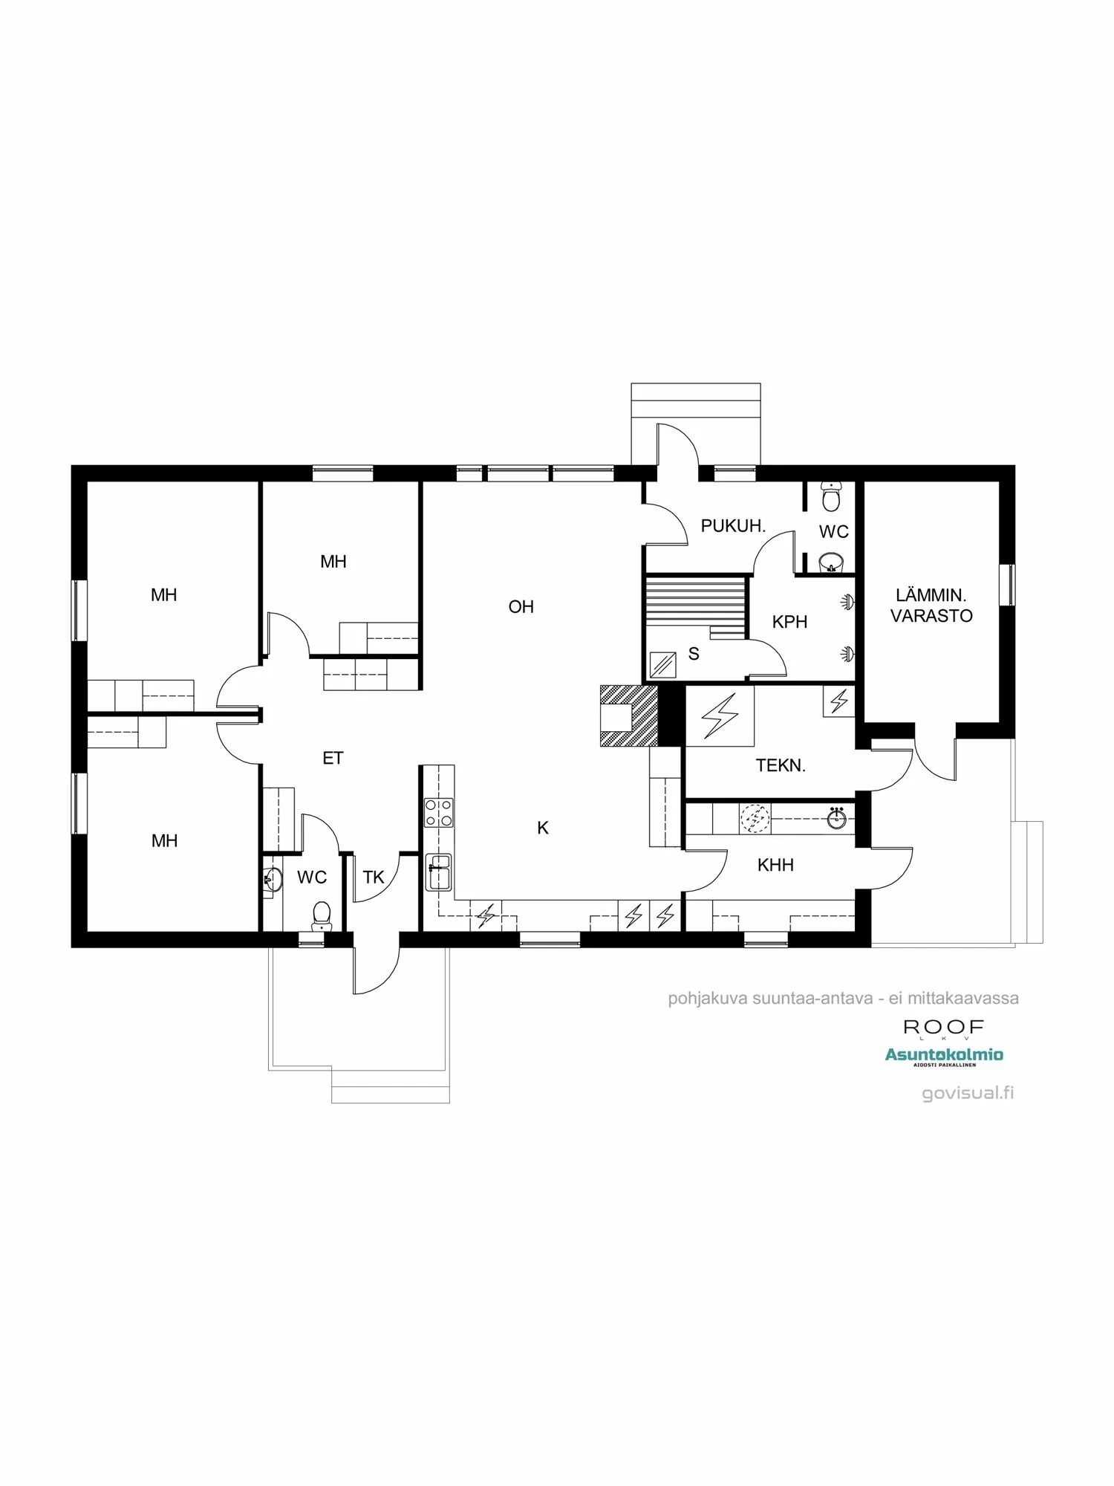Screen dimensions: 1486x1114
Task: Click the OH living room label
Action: [521, 607]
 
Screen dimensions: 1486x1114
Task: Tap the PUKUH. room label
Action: [732, 526]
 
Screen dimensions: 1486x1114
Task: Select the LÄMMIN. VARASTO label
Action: [931, 606]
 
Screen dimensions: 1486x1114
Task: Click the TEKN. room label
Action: [781, 765]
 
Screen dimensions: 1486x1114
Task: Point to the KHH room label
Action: [775, 865]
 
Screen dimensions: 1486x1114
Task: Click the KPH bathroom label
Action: [789, 622]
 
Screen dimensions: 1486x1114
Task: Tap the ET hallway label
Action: [333, 758]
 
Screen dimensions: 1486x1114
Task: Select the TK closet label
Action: [374, 877]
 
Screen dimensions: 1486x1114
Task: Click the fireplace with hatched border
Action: [628, 715]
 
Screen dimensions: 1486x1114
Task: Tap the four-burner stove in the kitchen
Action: [438, 812]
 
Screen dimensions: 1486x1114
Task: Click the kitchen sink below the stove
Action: [438, 872]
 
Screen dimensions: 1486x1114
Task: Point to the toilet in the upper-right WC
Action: [831, 497]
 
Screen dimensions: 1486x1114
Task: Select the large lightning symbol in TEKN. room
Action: [720, 716]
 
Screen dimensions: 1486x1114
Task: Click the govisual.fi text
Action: [967, 1093]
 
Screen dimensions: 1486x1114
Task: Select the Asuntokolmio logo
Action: [944, 1055]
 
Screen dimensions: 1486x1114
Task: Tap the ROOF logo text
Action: [943, 1027]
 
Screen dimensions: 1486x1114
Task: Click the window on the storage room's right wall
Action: [1007, 585]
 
